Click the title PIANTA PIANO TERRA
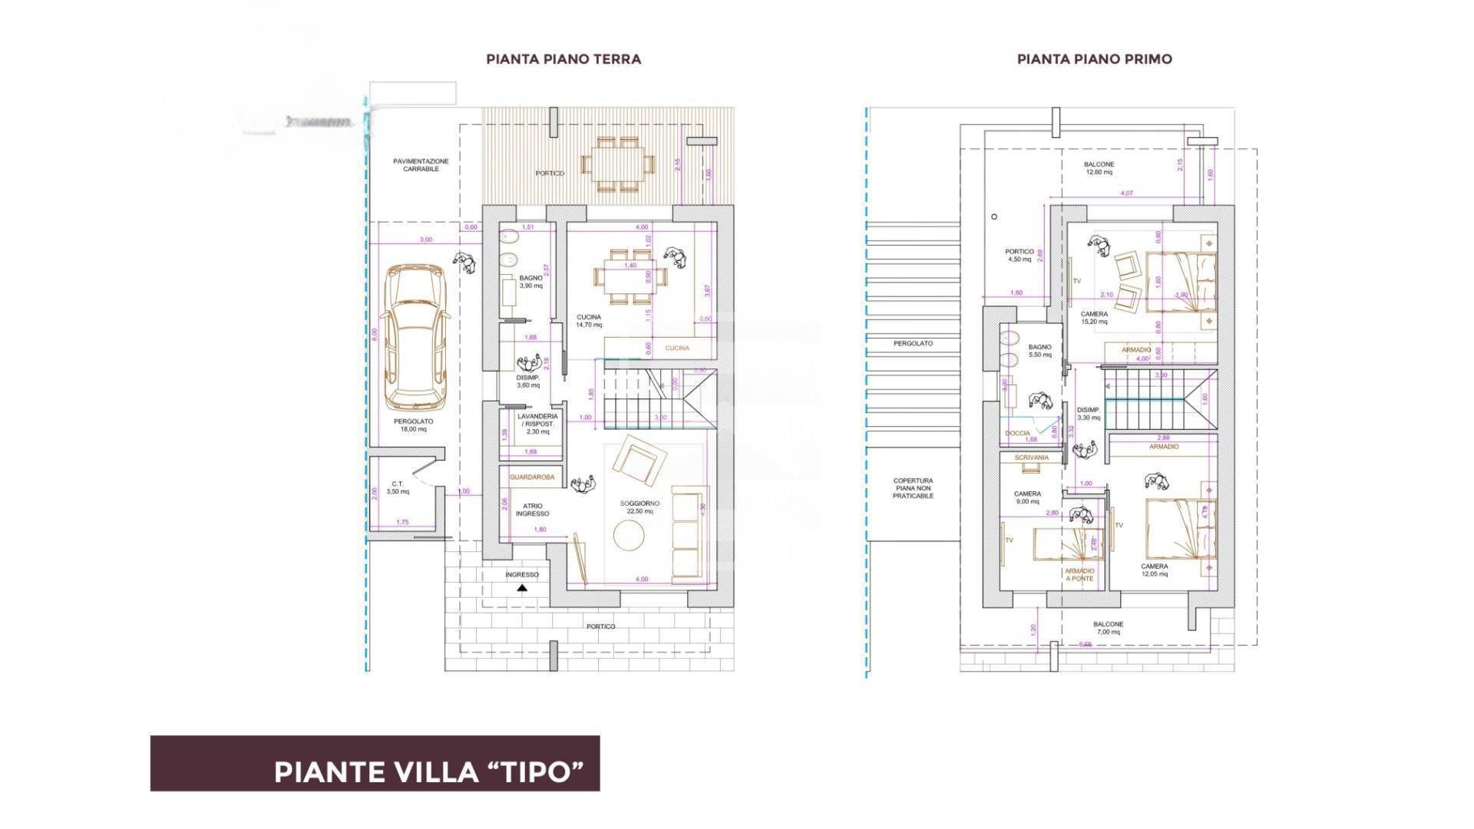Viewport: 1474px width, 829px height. (x=563, y=59)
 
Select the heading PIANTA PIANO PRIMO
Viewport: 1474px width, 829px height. (x=1094, y=59)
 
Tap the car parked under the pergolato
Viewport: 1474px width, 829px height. (x=415, y=338)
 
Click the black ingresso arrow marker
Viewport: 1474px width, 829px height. (x=522, y=589)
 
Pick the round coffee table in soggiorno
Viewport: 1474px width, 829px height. (x=630, y=535)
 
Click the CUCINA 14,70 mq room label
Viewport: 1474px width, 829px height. (x=589, y=321)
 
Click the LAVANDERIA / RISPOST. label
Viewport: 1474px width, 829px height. (x=537, y=423)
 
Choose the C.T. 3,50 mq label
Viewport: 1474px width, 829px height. (x=397, y=487)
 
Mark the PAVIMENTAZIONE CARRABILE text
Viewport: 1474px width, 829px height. (x=421, y=165)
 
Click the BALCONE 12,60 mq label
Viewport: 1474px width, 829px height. (x=1099, y=168)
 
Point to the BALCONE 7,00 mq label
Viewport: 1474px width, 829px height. (x=1109, y=628)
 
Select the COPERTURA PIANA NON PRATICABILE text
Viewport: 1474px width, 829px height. (x=913, y=488)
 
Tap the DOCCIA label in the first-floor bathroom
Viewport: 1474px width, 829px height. (x=1017, y=433)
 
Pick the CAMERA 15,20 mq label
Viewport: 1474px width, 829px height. (x=1094, y=318)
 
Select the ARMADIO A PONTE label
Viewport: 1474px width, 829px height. (x=1079, y=575)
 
